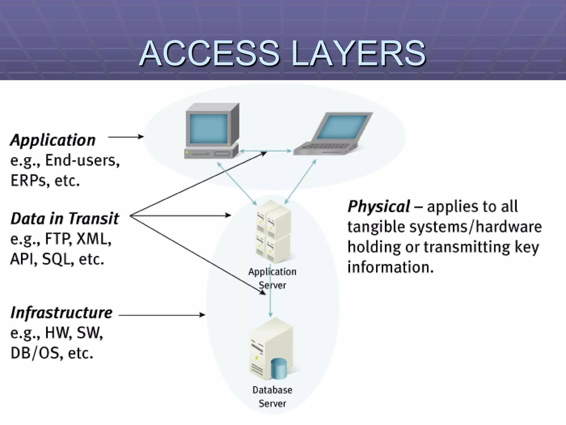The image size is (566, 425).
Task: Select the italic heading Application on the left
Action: coord(53,140)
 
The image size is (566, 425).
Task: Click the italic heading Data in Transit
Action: coord(65,219)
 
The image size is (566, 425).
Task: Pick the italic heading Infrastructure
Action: coord(61,313)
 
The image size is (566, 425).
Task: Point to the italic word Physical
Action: coord(379,206)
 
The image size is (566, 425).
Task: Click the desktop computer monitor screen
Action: coord(209,128)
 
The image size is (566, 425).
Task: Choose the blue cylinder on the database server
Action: coord(279,368)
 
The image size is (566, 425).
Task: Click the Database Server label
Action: coord(272,397)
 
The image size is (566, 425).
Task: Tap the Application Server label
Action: coord(272,278)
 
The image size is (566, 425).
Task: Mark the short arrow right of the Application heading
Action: coord(126,137)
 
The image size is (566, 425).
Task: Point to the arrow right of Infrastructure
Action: coord(162,315)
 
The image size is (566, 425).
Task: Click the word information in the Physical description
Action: coord(390,267)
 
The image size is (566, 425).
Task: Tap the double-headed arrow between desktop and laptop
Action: coord(265,151)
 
